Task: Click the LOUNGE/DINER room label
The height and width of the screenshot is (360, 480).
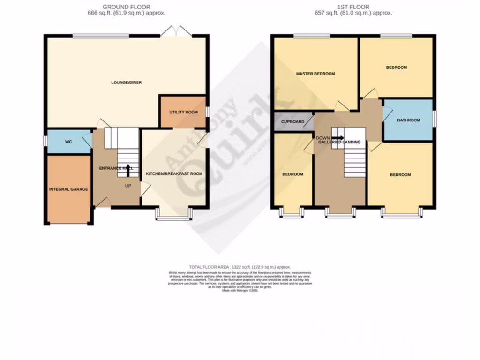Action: coord(126,82)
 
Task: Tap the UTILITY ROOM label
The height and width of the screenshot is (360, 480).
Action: coord(183,112)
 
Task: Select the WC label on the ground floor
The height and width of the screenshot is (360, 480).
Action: coord(68,141)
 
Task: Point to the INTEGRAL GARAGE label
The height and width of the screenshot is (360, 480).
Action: coord(68,189)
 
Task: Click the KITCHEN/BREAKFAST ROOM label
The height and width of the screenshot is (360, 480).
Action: coord(174,173)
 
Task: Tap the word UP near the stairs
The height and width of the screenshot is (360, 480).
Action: coord(128,186)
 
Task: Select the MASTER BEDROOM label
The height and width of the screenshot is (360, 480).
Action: coord(315,74)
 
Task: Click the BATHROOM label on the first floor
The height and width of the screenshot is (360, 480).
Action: coord(409,120)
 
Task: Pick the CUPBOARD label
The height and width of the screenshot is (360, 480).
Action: coord(293,122)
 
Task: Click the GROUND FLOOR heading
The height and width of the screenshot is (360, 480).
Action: coord(126,7)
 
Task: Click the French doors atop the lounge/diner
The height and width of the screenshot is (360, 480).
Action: coord(175,31)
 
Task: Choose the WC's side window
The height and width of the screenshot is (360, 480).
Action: coord(45,141)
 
